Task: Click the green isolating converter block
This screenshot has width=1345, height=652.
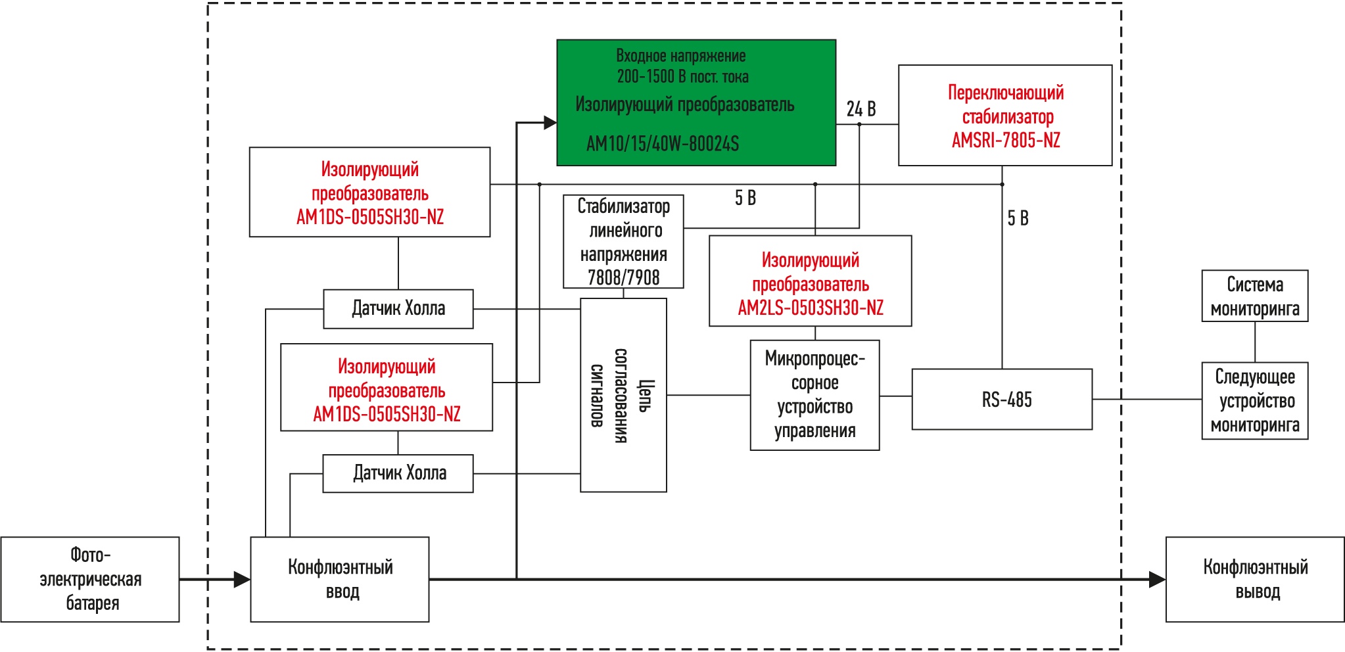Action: (x=696, y=103)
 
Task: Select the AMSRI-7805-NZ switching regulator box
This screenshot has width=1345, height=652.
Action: (x=1005, y=115)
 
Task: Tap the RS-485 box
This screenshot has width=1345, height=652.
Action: (x=1002, y=400)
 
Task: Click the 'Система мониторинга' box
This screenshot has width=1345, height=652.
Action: (x=1255, y=296)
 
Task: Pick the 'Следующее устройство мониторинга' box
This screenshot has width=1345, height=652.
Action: (x=1255, y=401)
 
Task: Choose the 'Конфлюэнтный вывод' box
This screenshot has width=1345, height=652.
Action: (x=1255, y=580)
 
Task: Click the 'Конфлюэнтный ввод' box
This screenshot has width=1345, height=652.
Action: (x=340, y=580)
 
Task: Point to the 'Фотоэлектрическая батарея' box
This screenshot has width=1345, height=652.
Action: (x=90, y=580)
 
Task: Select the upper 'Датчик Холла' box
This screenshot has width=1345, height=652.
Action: (x=398, y=309)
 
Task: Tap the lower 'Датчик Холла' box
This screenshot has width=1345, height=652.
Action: (x=398, y=473)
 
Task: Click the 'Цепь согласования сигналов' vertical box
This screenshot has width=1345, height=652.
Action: (x=623, y=395)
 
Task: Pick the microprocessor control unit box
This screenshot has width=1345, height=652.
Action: (x=814, y=395)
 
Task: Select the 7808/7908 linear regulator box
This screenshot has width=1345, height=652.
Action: (x=623, y=241)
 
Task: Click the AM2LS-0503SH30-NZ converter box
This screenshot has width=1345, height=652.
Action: (x=811, y=281)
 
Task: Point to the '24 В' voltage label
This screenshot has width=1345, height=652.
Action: (x=861, y=109)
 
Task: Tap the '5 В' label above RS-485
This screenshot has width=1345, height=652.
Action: (x=1018, y=218)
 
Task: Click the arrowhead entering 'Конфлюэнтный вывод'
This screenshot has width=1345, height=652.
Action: (x=1157, y=580)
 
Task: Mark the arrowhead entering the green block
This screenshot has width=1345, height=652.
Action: (x=551, y=122)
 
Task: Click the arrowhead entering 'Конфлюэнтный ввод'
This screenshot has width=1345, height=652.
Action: (x=242, y=580)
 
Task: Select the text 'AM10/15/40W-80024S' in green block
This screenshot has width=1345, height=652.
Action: (x=663, y=143)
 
